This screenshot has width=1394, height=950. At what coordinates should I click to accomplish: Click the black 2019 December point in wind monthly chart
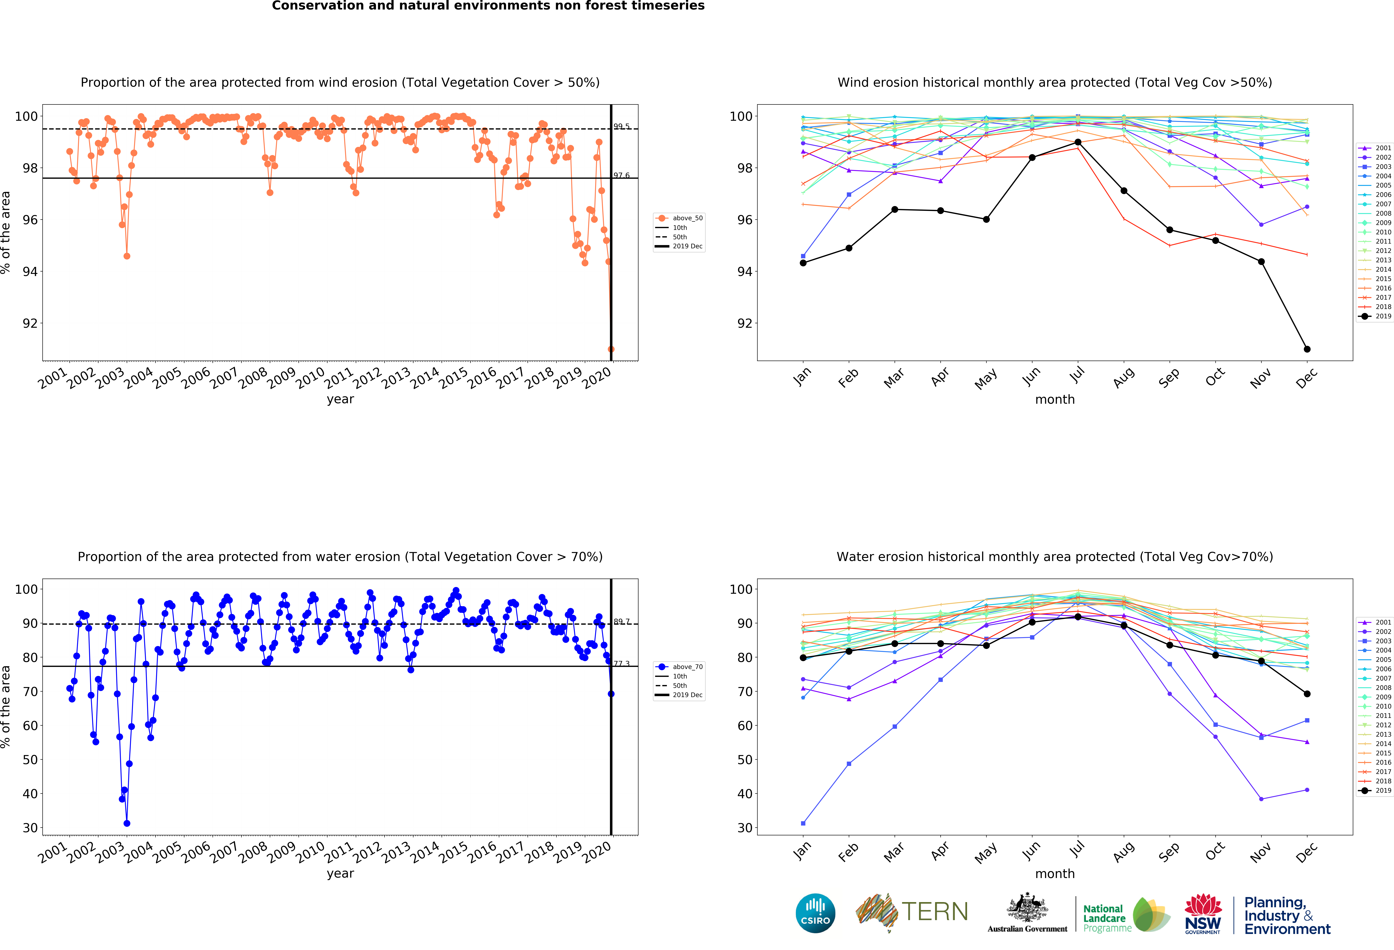[x=1307, y=349]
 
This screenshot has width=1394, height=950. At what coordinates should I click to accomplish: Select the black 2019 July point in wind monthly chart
[x=1078, y=142]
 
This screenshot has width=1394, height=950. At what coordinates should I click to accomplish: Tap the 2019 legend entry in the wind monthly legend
[x=1377, y=316]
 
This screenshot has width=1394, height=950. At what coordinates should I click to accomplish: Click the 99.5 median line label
[x=621, y=127]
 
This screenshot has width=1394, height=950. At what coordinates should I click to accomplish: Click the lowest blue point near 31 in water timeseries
[x=127, y=823]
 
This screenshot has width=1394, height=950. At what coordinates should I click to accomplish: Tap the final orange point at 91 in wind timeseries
[x=611, y=349]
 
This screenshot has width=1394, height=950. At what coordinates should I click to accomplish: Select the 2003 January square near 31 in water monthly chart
[x=803, y=823]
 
